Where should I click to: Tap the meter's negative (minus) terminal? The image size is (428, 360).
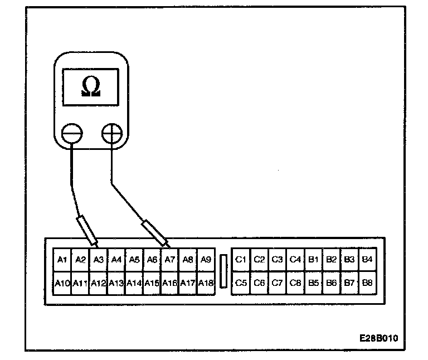[x=73, y=134]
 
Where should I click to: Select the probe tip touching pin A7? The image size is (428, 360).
[x=167, y=245]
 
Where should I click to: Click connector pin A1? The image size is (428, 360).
[x=62, y=259]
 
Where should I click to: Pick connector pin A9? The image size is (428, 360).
[x=206, y=259]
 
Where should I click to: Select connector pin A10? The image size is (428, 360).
[x=62, y=283]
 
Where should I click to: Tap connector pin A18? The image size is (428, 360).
[x=206, y=283]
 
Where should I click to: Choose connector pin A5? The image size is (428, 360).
[x=134, y=259]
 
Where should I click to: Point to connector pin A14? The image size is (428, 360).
[x=134, y=283]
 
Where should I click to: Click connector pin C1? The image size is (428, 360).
[x=241, y=259]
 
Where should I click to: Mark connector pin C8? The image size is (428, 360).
[x=295, y=283]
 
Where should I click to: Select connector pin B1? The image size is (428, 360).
[x=313, y=259]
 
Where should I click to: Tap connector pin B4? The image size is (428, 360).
[x=367, y=259]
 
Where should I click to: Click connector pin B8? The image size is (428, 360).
[x=367, y=283]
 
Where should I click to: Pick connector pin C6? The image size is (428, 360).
[x=259, y=283]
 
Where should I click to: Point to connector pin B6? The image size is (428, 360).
[x=331, y=283]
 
